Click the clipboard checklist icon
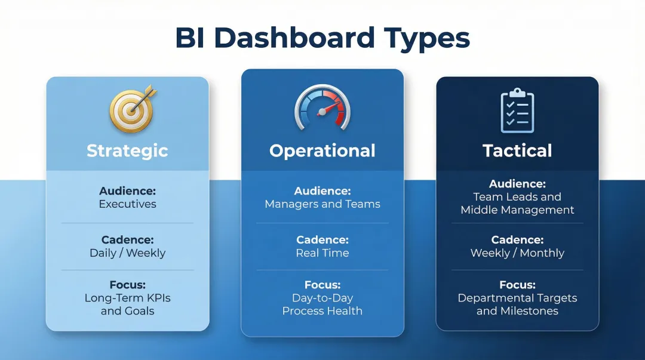(517, 111)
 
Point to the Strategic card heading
(127, 150)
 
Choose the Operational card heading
(322, 150)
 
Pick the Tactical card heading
(517, 150)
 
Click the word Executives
(127, 204)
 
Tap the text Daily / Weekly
(127, 253)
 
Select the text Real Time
(322, 253)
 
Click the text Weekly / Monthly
(517, 253)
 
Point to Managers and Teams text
(322, 204)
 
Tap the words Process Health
(322, 311)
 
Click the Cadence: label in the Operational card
(322, 240)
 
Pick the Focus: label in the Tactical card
(517, 285)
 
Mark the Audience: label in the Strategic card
(127, 191)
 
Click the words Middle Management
(517, 210)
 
